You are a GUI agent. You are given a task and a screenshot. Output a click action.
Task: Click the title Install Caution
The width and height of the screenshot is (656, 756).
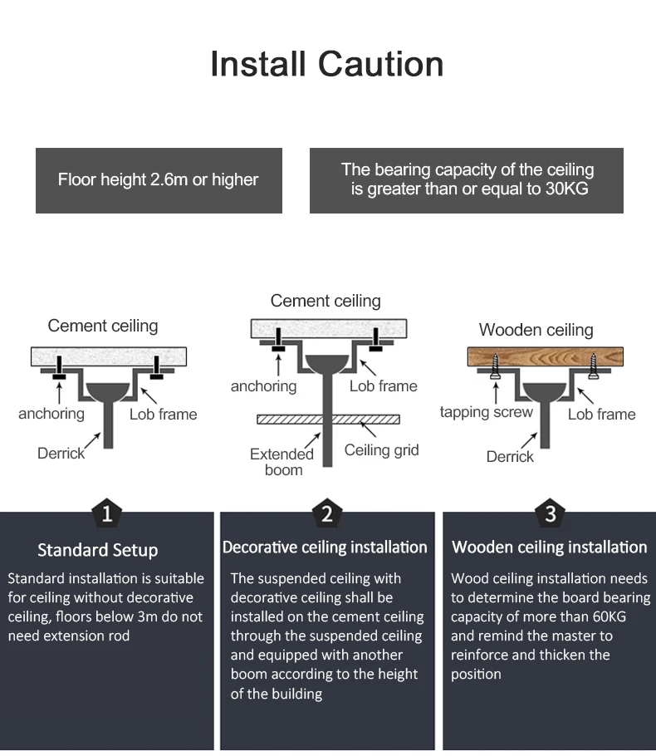coord(327,64)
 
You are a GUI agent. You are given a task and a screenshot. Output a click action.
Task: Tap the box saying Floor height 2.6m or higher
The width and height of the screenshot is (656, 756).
coord(159,180)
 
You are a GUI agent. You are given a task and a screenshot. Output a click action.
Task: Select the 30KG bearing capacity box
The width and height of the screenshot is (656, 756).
coord(467,179)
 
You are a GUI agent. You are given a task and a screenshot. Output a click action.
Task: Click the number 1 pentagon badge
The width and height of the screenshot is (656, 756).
coord(106,513)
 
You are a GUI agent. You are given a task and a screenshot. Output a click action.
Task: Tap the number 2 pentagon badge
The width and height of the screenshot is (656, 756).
coord(326,513)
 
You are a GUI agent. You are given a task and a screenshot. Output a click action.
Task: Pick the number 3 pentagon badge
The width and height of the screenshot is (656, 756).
coord(550,513)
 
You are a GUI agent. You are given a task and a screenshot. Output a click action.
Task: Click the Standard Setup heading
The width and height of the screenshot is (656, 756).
coord(98,550)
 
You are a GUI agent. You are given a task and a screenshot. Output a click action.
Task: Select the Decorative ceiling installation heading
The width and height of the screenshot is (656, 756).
coord(325,547)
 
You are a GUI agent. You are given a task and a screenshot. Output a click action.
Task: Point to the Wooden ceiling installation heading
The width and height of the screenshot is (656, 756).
coord(549,547)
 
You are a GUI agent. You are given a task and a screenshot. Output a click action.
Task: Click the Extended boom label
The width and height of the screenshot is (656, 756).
coord(282,462)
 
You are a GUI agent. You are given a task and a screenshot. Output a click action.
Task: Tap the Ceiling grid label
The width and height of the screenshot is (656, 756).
coord(381,450)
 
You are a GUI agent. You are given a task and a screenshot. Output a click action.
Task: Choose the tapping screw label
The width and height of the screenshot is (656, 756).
coord(486,413)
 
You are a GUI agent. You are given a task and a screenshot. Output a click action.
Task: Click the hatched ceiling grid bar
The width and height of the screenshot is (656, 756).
coord(328,420)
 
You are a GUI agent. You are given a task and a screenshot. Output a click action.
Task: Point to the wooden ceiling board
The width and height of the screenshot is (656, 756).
coord(545,358)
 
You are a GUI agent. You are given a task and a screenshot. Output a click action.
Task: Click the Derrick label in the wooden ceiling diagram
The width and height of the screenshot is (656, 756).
coord(510,457)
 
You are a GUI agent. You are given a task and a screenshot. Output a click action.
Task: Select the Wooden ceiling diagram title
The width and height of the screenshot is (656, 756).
coord(536,330)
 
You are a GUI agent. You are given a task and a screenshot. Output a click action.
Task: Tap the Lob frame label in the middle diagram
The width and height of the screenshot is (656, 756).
coord(383,386)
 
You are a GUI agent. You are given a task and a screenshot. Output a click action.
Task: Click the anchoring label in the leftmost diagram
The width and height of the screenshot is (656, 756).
coord(51,414)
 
